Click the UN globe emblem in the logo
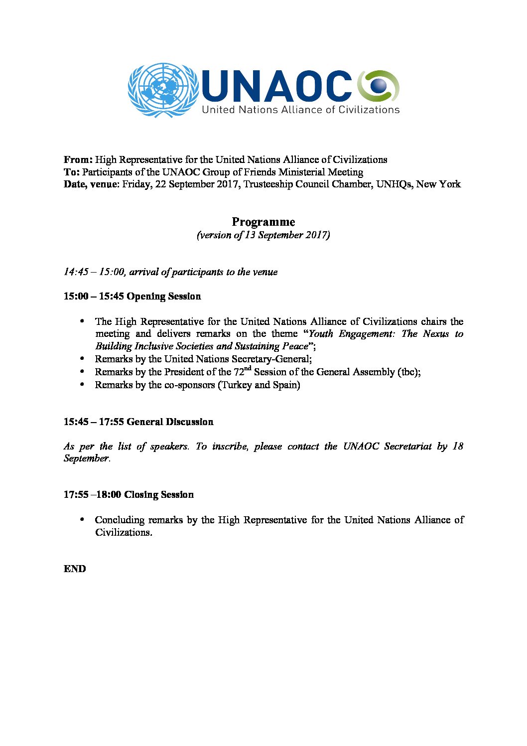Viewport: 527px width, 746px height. [162, 90]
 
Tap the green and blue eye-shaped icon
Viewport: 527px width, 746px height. [379, 86]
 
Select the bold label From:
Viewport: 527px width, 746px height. [78, 160]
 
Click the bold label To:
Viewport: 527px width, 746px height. [71, 172]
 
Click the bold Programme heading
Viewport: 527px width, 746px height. [263, 222]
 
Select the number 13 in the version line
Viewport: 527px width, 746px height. [250, 235]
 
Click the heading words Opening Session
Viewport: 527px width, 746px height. [164, 297]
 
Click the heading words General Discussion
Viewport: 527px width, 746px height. [170, 422]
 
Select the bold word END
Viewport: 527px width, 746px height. [75, 569]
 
